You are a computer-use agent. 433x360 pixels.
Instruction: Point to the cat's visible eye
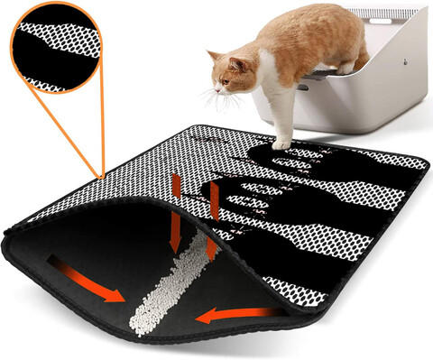[x=228, y=75]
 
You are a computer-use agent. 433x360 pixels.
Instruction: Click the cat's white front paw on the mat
[x=282, y=143]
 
